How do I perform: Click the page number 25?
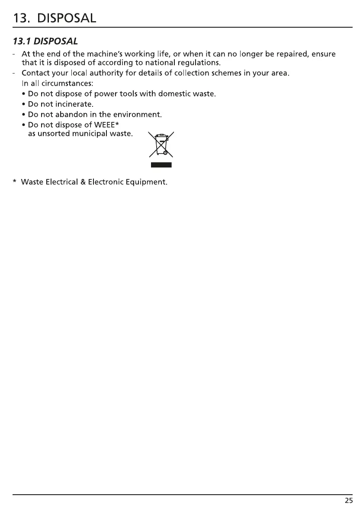349,501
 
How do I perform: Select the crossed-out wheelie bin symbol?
161,144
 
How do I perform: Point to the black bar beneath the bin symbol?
161,164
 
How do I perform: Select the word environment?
139,115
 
